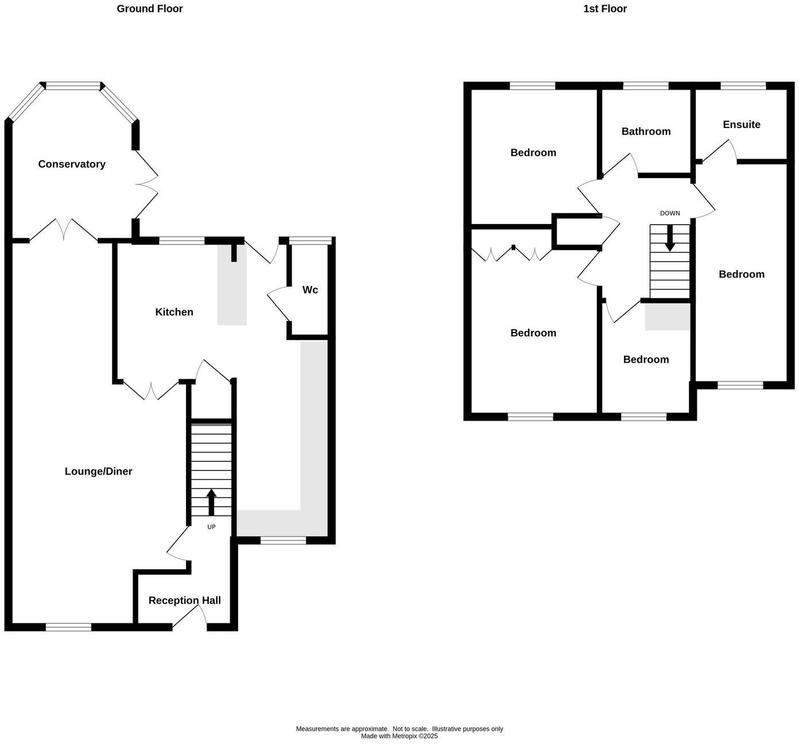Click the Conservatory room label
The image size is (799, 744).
[72, 164]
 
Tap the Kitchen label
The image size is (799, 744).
[174, 312]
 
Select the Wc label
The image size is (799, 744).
[310, 290]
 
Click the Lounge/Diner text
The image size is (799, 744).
[98, 471]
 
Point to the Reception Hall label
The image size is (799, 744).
[184, 600]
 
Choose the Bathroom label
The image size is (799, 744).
[646, 132]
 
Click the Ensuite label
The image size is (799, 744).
[742, 125]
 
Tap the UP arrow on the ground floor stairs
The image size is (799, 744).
[211, 502]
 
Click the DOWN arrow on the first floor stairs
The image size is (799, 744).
[670, 238]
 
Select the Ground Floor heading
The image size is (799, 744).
[150, 9]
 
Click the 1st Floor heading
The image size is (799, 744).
[605, 9]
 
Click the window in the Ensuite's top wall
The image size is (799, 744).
[743, 86]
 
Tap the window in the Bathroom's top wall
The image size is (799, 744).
[646, 86]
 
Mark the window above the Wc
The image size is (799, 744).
[311, 241]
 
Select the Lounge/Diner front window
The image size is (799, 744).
[68, 627]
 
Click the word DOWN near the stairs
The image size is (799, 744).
[670, 213]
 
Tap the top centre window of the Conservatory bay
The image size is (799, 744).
[73, 86]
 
